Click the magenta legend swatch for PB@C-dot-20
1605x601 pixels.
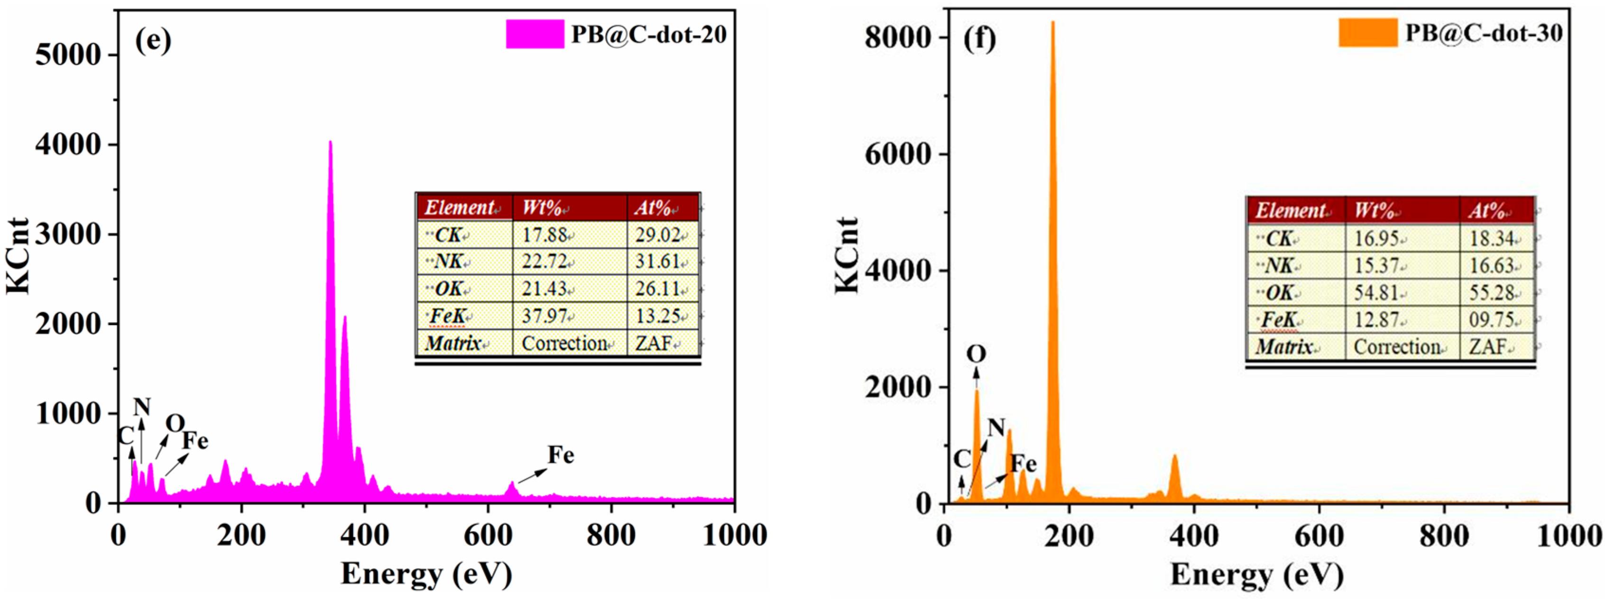[534, 34]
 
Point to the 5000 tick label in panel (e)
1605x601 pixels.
[68, 55]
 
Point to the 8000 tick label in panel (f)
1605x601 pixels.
[898, 37]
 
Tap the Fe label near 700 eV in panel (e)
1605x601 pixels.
[561, 455]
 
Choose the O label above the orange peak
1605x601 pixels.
[977, 355]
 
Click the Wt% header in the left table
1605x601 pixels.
[542, 208]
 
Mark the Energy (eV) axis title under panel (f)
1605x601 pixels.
[1257, 574]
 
